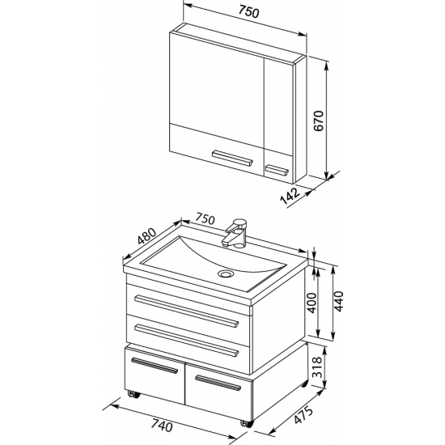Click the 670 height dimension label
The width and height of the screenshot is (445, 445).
pyautogui.click(x=319, y=121)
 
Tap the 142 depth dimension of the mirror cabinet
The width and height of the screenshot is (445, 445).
pyautogui.click(x=290, y=196)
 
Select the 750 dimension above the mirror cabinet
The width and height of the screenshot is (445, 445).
pyautogui.click(x=248, y=12)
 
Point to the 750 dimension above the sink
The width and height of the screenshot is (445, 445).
pyautogui.click(x=205, y=219)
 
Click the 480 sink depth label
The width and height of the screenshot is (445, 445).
pyautogui.click(x=146, y=236)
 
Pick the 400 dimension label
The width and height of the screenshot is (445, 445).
pyautogui.click(x=311, y=303)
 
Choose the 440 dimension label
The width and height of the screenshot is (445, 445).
pyautogui.click(x=338, y=302)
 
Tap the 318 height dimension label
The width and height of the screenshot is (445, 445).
pyautogui.click(x=317, y=367)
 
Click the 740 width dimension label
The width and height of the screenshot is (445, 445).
pyautogui.click(x=161, y=426)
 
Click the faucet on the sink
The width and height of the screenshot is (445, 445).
pyautogui.click(x=235, y=233)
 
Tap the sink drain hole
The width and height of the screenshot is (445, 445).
pyautogui.click(x=226, y=273)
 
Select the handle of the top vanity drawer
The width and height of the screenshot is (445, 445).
pyautogui.click(x=186, y=311)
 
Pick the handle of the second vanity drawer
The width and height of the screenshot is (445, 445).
pyautogui.click(x=186, y=340)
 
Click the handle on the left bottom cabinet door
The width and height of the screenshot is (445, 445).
pyautogui.click(x=155, y=366)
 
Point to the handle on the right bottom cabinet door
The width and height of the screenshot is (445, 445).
pyautogui.click(x=218, y=383)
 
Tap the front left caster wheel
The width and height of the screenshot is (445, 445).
pyautogui.click(x=133, y=394)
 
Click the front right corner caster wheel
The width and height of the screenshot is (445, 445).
pyautogui.click(x=247, y=423)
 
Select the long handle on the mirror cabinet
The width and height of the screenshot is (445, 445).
pyautogui.click(x=232, y=158)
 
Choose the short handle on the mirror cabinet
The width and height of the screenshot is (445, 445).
pyautogui.click(x=277, y=170)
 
